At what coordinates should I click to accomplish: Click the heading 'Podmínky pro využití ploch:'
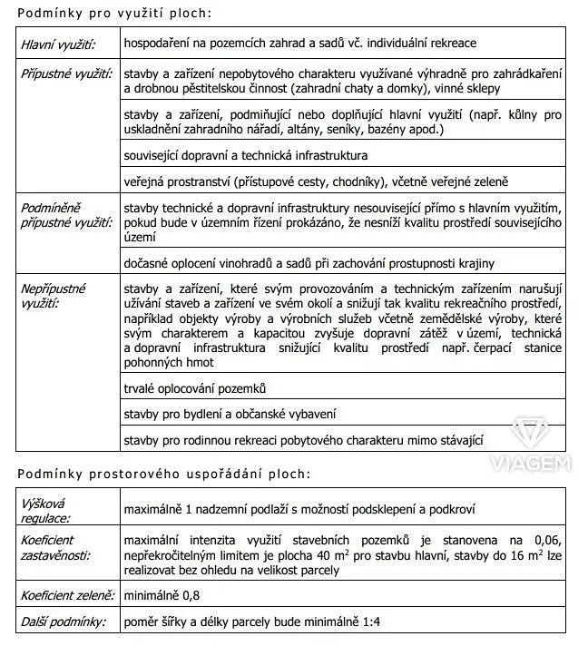[113, 13]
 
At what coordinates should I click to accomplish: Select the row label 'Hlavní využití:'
[57, 43]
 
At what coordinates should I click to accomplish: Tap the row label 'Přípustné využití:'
[66, 71]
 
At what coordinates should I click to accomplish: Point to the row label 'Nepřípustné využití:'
[54, 295]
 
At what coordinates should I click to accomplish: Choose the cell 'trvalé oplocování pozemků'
[195, 388]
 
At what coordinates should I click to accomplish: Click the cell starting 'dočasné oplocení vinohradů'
[309, 263]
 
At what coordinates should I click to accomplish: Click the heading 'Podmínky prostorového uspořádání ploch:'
[162, 475]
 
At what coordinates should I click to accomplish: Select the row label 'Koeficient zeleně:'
[68, 596]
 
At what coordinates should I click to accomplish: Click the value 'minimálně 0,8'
[159, 596]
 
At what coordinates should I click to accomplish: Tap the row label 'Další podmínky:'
[63, 622]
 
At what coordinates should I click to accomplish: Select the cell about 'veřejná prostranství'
[317, 181]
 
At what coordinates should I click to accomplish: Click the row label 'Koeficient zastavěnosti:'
[55, 549]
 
